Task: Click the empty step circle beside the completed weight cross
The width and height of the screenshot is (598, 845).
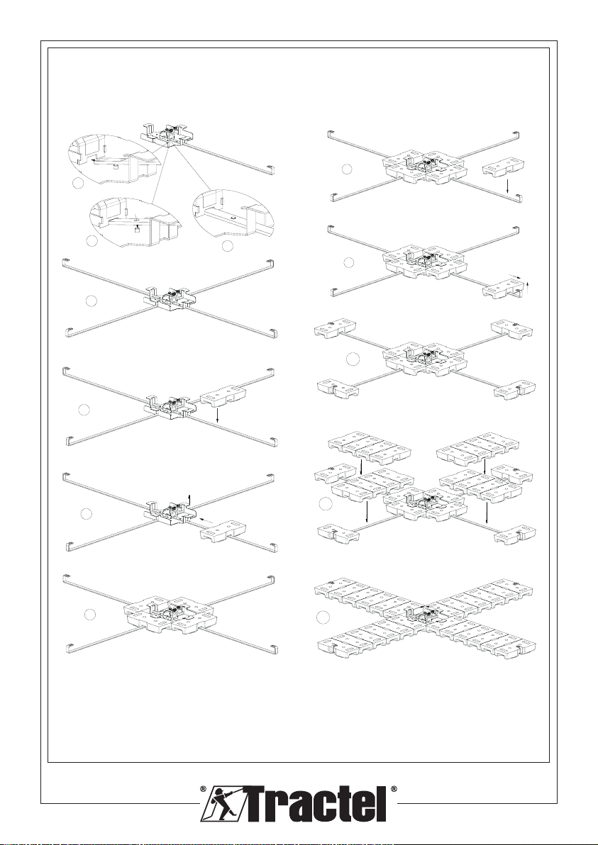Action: [x=323, y=617]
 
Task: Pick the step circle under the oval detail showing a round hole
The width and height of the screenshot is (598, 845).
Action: [x=228, y=246]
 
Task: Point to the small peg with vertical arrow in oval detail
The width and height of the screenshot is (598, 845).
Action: [x=138, y=228]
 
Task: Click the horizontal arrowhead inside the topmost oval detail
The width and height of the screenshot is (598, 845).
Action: [x=94, y=160]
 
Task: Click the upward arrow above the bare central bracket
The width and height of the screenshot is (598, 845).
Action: [x=189, y=498]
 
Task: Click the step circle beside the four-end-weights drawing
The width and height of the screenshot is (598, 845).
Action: [x=353, y=359]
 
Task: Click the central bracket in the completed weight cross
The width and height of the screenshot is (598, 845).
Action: [x=424, y=610]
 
